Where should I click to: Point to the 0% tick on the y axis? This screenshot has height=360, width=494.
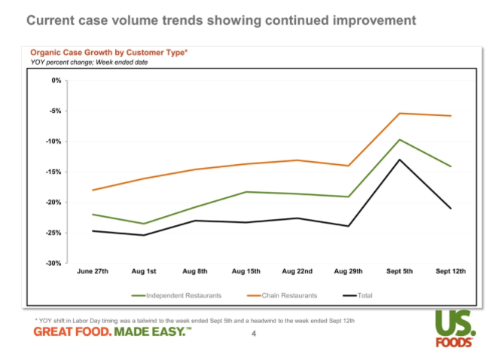[x=56, y=80]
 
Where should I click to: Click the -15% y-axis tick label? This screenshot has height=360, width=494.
[x=53, y=172]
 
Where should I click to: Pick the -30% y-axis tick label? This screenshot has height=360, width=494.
[x=53, y=264]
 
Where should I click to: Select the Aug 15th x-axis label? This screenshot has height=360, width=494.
[x=245, y=272]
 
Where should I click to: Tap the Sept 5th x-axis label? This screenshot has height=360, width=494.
[x=399, y=272]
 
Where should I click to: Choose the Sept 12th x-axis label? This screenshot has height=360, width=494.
[x=450, y=272]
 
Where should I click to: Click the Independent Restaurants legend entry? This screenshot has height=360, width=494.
[x=176, y=295]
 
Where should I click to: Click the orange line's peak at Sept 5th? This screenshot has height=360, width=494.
[x=399, y=113]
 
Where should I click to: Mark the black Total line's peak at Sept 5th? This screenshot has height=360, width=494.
[x=399, y=159]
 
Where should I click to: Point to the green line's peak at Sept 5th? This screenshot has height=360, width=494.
[x=399, y=139]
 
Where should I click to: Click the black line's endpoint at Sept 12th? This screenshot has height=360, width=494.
[x=450, y=209]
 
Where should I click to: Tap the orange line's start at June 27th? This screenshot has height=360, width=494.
[x=93, y=191]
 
